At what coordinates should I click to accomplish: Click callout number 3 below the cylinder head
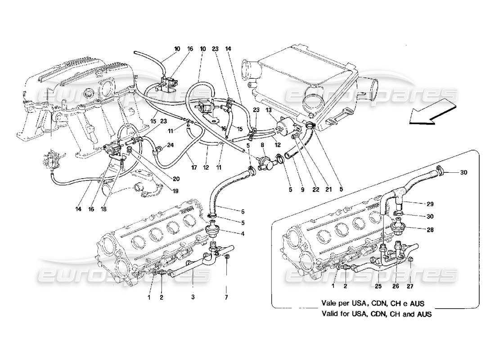[x=193, y=297]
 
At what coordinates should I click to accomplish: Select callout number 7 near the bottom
[x=227, y=297]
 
